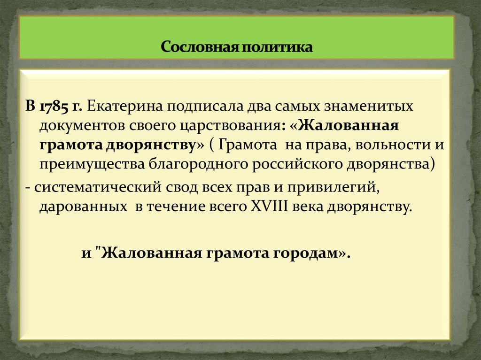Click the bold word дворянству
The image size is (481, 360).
click(x=150, y=146)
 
